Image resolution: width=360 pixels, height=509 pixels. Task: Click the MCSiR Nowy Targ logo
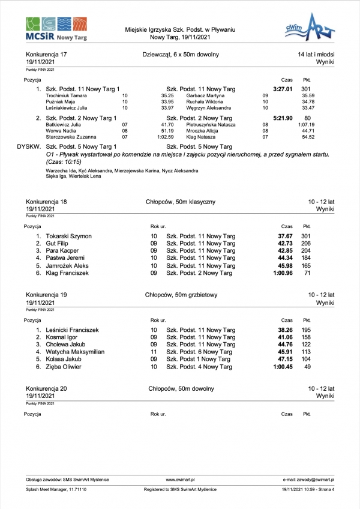(x=56, y=29)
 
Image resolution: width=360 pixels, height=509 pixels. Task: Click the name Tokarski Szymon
(x=68, y=236)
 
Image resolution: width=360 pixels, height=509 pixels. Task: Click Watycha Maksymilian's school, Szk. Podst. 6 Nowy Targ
(x=200, y=352)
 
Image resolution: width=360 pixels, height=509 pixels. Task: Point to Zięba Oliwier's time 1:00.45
(x=282, y=367)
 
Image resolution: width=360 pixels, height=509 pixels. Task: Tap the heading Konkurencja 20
(x=47, y=388)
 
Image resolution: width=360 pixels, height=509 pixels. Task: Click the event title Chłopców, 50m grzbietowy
(x=181, y=295)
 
